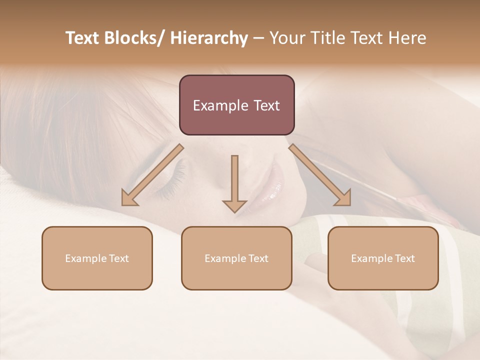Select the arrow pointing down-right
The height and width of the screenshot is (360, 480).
[320, 175]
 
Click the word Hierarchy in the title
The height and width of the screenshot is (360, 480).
[209, 38]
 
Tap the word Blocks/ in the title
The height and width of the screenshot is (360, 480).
[133, 38]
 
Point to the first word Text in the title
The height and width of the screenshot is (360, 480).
[82, 38]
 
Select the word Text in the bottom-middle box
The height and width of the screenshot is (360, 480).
[257, 258]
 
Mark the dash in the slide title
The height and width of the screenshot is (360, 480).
[258, 38]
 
